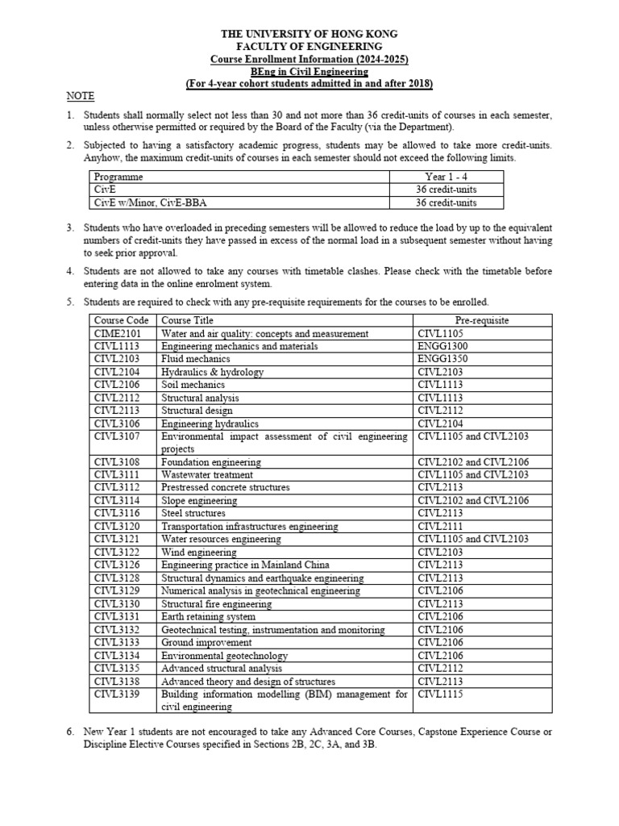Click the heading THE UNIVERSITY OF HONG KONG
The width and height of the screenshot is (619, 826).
(309, 34)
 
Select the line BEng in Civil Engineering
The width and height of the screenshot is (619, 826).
(309, 71)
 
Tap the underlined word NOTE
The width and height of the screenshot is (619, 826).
(80, 96)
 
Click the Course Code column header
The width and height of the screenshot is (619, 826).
(121, 320)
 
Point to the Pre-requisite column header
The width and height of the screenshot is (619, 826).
(482, 320)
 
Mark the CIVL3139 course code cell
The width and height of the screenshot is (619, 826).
(116, 694)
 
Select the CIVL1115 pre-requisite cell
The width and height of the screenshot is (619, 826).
(440, 694)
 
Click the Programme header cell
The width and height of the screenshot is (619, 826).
(118, 177)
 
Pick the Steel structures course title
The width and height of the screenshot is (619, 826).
(193, 514)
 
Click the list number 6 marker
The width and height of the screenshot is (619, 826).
(70, 732)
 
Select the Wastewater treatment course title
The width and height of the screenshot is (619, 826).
(201, 475)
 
